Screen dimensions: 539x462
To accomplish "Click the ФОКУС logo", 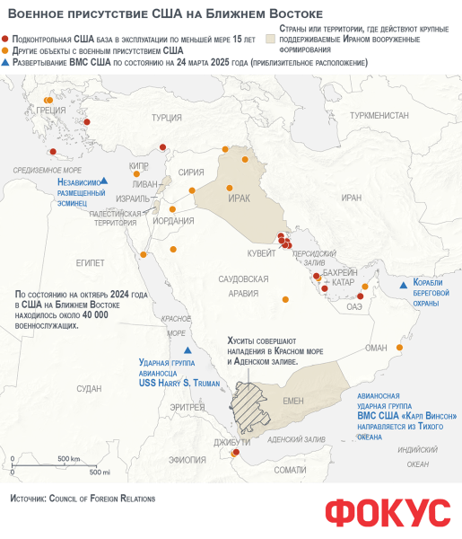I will coord(388,511).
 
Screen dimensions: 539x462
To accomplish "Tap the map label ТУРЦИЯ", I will coord(168,118).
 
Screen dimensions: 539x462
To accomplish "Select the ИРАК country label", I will coord(239,198).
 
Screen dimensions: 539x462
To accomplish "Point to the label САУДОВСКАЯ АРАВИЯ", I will coord(244,287).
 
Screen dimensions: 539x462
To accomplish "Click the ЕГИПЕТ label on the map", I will coord(91,262).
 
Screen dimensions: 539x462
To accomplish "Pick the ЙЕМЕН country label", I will coord(294,402).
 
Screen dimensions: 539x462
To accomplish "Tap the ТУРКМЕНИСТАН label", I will coord(379,116).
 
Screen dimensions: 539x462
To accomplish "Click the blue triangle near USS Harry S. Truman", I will coord(187,350).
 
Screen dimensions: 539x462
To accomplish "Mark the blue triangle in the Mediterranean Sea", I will coord(105,181).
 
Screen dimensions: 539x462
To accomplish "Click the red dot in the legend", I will coord(7,40).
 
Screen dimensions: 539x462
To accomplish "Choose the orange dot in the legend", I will coord(7,51).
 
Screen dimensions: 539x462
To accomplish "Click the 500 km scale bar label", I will coord(69,459).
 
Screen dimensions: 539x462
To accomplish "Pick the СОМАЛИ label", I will coord(291,469).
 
